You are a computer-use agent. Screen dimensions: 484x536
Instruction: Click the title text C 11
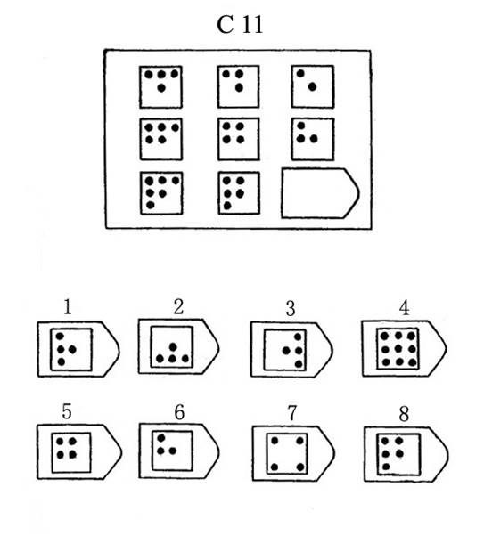240,25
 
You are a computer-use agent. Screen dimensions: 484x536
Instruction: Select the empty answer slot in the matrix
320,193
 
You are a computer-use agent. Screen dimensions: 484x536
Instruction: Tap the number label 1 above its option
68,306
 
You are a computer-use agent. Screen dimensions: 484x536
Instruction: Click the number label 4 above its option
405,308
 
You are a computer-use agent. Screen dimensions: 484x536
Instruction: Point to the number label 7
291,413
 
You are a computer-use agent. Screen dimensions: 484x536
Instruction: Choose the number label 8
405,414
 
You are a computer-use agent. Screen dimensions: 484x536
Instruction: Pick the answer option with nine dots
405,349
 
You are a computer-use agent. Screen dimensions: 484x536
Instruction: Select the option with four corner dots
293,453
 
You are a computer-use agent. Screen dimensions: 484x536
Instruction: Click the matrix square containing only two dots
313,86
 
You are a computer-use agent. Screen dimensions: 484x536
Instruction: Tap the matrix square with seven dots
161,193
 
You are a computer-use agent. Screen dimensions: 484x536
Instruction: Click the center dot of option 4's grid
398,349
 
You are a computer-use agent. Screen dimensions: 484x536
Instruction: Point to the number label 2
178,306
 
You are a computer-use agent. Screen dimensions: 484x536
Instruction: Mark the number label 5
67,411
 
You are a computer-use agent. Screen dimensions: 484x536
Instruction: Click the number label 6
179,412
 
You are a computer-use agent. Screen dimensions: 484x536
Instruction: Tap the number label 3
291,308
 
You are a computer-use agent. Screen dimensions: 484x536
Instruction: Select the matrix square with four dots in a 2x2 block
239,139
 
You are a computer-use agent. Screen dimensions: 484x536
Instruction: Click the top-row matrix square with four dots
160,87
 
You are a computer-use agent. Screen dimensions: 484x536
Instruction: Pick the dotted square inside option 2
172,347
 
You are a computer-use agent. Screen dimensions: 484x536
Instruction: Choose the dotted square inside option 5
71,453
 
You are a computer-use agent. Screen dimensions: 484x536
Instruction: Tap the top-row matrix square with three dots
238,86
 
